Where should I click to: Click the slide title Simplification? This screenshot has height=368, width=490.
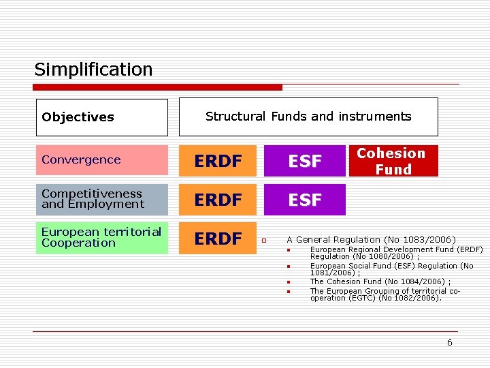(93, 70)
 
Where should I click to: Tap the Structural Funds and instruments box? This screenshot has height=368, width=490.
(308, 117)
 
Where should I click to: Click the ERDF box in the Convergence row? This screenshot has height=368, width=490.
(218, 162)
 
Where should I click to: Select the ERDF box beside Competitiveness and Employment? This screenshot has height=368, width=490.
(218, 200)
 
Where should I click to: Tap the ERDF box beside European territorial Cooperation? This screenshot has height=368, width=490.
(218, 239)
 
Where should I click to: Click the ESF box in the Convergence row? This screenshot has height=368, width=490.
(305, 162)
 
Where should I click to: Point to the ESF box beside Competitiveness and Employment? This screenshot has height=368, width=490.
(305, 200)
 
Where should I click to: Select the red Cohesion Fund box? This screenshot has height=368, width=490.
(393, 162)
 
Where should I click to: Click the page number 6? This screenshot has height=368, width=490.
(449, 343)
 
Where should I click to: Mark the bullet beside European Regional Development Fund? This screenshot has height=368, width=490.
(289, 250)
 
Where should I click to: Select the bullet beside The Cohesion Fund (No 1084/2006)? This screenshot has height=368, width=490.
(289, 281)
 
